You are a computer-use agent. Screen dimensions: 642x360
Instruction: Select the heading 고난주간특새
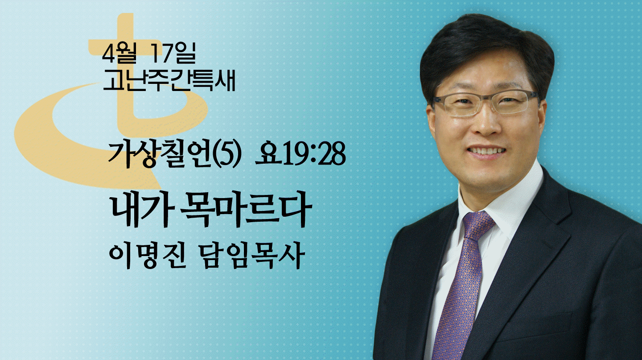coord(169,81)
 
